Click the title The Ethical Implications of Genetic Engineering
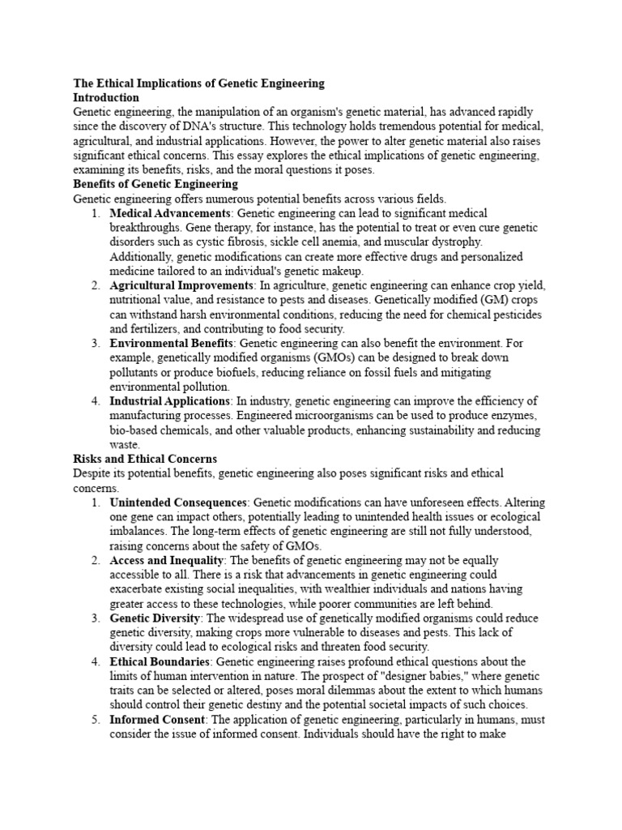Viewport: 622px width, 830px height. point(198,83)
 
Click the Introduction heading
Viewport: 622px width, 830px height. point(107,97)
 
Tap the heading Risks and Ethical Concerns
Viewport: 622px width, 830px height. point(145,460)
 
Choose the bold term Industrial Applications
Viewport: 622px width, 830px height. point(170,401)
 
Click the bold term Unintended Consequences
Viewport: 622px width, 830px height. point(177,503)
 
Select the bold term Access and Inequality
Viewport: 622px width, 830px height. point(165,560)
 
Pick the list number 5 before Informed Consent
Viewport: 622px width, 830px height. point(96,719)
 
